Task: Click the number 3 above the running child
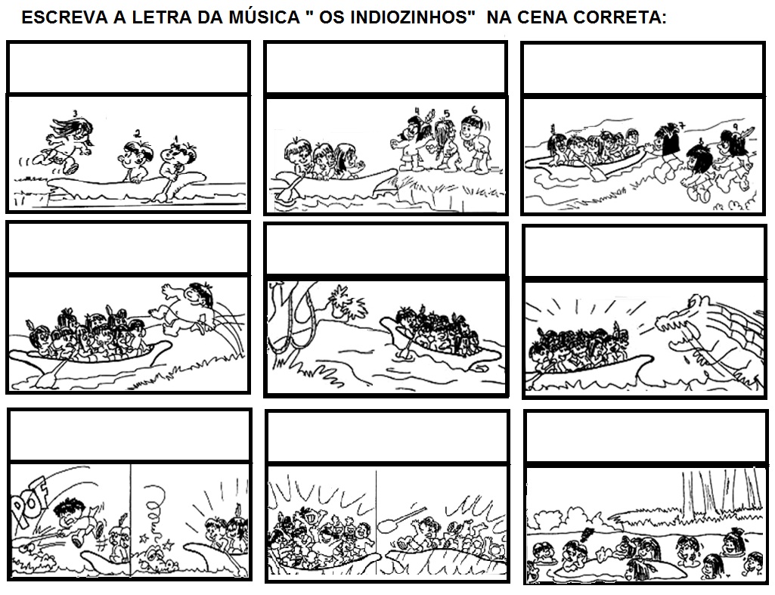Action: [x=75, y=113]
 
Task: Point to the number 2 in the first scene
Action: [x=136, y=134]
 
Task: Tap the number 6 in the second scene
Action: [x=473, y=109]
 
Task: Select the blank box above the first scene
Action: [x=128, y=67]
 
